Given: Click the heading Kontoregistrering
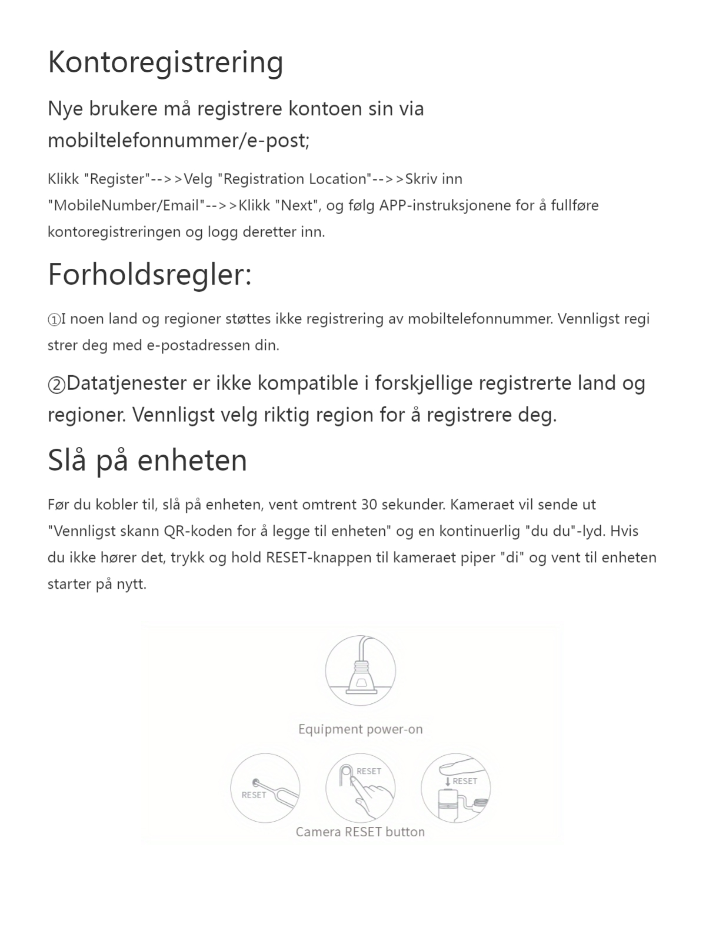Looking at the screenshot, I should [x=165, y=62].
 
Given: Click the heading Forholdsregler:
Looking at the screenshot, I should [x=149, y=275].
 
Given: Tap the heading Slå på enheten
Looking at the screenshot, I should [x=147, y=461].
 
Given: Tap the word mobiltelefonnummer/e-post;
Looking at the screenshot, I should [x=178, y=141].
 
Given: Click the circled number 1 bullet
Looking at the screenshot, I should [x=54, y=319].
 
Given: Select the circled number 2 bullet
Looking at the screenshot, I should [x=56, y=385].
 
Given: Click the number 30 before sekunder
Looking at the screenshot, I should [x=369, y=505].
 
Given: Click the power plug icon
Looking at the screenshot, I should [x=360, y=670].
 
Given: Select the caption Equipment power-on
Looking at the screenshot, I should [x=360, y=729].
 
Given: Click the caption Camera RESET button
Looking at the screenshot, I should [x=360, y=832].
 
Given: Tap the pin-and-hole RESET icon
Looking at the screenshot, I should [x=265, y=788].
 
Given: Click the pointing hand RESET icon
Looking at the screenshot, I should [x=360, y=788].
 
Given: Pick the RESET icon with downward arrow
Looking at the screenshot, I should [x=455, y=788].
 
